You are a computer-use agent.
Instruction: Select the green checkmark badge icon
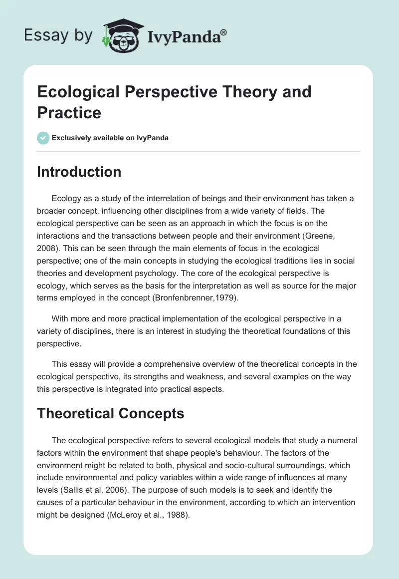click(x=43, y=138)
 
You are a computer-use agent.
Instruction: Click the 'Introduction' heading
click(x=79, y=172)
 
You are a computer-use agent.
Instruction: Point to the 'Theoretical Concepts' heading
click(x=111, y=413)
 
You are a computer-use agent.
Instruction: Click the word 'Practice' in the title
click(x=69, y=112)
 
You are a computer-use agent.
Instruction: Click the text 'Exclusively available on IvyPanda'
click(x=110, y=138)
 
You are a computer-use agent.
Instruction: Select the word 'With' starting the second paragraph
click(x=60, y=318)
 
